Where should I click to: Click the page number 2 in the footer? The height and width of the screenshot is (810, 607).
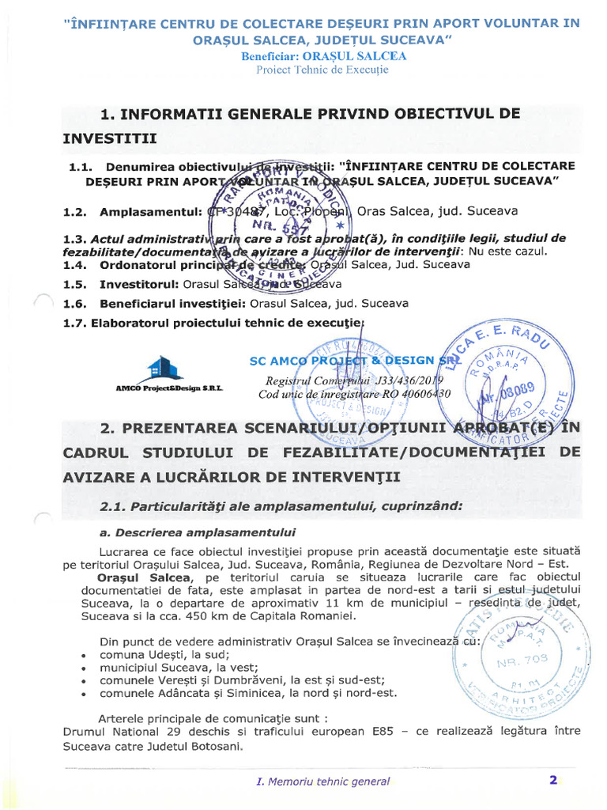point(553,780)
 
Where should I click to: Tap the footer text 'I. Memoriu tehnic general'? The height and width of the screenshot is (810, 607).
point(322,782)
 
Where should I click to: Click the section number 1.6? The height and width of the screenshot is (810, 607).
point(74,304)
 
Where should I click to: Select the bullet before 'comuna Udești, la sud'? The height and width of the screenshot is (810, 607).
point(84,656)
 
